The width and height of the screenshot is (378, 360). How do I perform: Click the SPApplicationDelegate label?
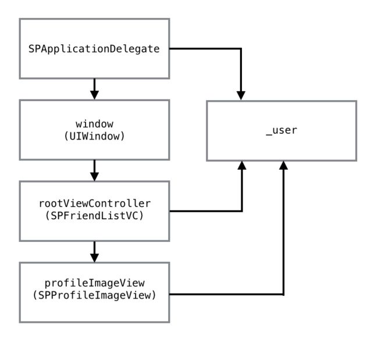[94, 49]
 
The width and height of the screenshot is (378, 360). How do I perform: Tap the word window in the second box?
[94, 124]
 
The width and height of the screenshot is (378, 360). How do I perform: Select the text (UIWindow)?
[94, 137]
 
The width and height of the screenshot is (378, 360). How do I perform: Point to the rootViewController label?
[95, 204]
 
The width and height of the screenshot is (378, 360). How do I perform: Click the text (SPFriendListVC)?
[94, 216]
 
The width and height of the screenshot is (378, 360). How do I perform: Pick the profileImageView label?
[94, 283]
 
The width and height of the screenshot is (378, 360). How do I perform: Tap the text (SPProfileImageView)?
[94, 295]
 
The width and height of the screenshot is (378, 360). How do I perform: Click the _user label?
[281, 130]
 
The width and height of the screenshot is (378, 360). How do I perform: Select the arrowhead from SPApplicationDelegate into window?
[94, 95]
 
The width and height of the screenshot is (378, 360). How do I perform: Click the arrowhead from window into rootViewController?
[94, 176]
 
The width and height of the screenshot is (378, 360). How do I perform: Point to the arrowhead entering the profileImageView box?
[94, 258]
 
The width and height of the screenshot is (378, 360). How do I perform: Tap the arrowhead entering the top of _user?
[241, 95]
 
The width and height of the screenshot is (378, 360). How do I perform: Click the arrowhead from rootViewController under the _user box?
[242, 165]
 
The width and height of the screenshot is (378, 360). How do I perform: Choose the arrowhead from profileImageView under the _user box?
[284, 165]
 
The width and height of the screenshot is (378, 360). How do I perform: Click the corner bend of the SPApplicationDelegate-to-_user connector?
[241, 49]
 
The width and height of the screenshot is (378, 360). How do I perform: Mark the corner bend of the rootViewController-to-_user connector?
[242, 211]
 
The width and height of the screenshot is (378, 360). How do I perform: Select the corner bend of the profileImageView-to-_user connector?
[284, 294]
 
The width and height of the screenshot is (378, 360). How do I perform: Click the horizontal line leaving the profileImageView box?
[226, 294]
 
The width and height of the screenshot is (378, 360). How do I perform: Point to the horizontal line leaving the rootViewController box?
[206, 211]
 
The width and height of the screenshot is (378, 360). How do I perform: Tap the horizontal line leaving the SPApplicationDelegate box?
[205, 49]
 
